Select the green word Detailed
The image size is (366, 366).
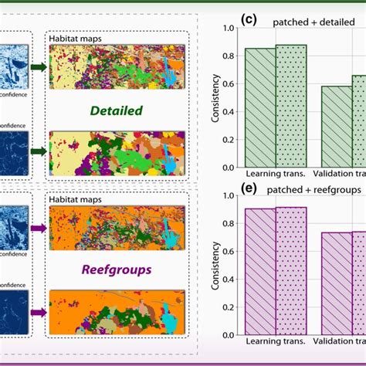pos(116,110)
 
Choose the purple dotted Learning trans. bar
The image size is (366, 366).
pos(291,270)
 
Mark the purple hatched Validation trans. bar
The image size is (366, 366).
pos(336,283)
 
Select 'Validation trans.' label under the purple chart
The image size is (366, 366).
pos(343,341)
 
